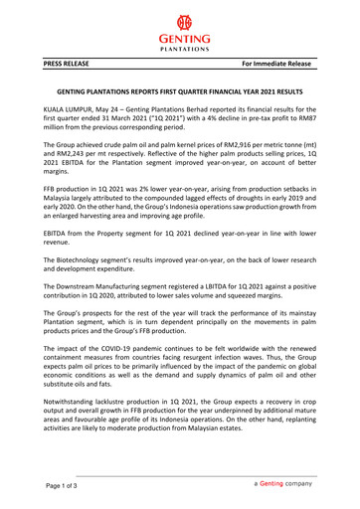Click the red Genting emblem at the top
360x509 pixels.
(180, 22)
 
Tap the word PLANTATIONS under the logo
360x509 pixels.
(180, 47)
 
